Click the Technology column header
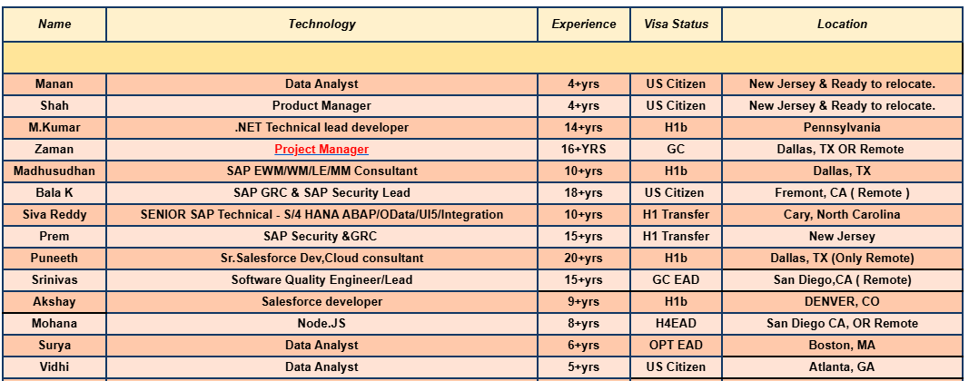pos(321,24)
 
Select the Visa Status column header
pos(676,24)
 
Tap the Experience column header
pos(584,24)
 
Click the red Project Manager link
pos(321,150)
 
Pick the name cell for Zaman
pos(54,150)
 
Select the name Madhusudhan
pos(54,171)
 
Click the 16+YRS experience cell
pos(584,150)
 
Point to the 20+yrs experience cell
pos(584,259)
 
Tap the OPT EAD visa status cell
pos(676,346)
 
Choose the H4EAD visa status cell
pos(676,324)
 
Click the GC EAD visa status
pos(676,280)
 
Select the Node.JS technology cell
pos(321,324)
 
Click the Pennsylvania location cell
pos(842,128)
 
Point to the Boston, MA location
pos(842,346)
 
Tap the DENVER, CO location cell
pos(842,302)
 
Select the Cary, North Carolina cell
pos(842,215)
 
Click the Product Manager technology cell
pos(321,106)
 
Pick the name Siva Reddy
pos(54,215)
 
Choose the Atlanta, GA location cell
pos(842,367)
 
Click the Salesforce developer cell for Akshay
pos(321,302)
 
